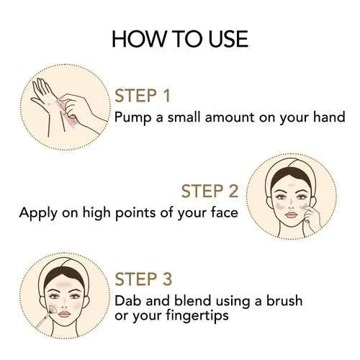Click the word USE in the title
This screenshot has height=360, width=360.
228,39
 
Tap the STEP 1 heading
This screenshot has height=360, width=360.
143,96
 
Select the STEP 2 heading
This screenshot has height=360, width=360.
210,191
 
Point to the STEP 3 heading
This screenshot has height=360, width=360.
143,279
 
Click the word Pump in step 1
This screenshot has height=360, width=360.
133,118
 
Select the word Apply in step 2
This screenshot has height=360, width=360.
38,213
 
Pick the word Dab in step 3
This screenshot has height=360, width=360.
128,301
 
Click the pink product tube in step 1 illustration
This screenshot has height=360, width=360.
66,110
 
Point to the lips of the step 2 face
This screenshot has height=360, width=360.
291,215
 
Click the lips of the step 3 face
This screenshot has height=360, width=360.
64,314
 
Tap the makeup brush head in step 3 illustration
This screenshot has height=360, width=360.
53,309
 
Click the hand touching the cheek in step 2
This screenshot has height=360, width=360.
312,218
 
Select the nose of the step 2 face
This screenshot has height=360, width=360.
291,204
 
